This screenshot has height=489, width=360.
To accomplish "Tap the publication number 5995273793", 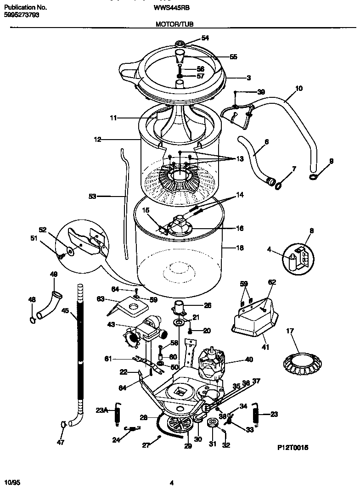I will [21, 15].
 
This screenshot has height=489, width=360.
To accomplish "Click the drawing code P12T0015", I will [292, 446].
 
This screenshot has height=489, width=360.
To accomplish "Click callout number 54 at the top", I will [205, 38].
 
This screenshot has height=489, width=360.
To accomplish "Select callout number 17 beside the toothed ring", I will [290, 331].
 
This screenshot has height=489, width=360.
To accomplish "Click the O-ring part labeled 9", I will [312, 177].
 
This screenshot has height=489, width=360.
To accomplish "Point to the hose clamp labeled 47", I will [63, 425].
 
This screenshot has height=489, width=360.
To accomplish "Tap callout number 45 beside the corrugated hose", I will [66, 311].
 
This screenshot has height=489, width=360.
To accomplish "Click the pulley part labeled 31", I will [213, 423].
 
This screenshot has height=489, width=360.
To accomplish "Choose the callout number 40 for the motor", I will [249, 360].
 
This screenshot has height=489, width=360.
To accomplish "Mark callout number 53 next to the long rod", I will [92, 196].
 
